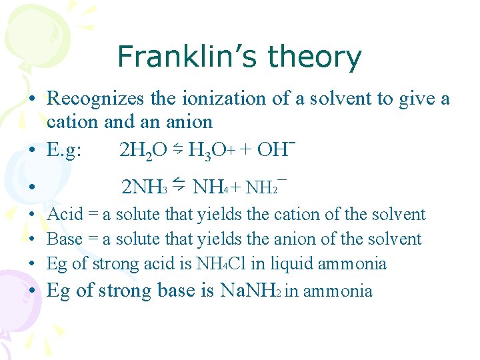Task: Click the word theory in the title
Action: click(x=313, y=58)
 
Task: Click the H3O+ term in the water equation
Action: click(x=209, y=151)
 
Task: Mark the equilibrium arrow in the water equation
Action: click(x=178, y=149)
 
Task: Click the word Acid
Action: click(x=65, y=215)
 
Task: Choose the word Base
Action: click(x=65, y=239)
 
